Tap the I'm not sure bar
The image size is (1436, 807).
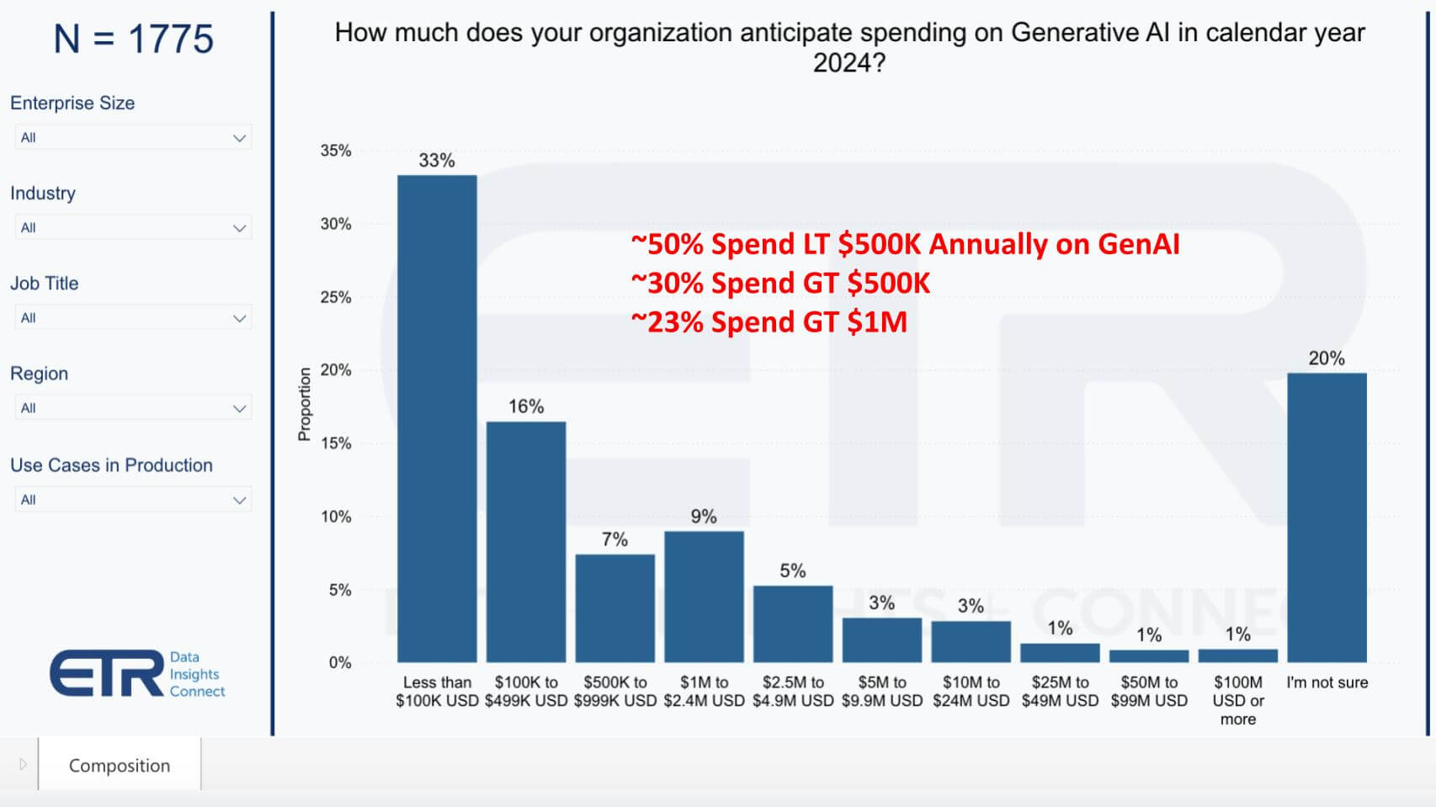(1327, 517)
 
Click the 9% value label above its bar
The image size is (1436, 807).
(704, 516)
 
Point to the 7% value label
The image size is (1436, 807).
(614, 539)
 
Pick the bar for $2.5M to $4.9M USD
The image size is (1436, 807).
(793, 624)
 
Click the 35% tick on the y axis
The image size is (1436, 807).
(335, 151)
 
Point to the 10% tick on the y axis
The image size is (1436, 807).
(335, 517)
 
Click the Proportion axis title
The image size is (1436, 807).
(304, 404)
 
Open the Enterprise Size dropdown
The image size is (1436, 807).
(133, 137)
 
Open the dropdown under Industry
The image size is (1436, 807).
(133, 227)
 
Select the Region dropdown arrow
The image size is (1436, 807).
(239, 408)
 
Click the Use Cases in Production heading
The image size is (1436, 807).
(111, 465)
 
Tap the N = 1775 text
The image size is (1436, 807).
(133, 39)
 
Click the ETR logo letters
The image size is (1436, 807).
(107, 673)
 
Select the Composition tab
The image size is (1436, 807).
(120, 765)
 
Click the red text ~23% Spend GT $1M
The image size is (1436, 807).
(769, 321)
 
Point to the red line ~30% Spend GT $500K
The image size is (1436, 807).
(780, 283)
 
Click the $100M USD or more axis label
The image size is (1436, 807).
(1237, 700)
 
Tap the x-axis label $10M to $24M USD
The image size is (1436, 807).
(971, 691)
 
